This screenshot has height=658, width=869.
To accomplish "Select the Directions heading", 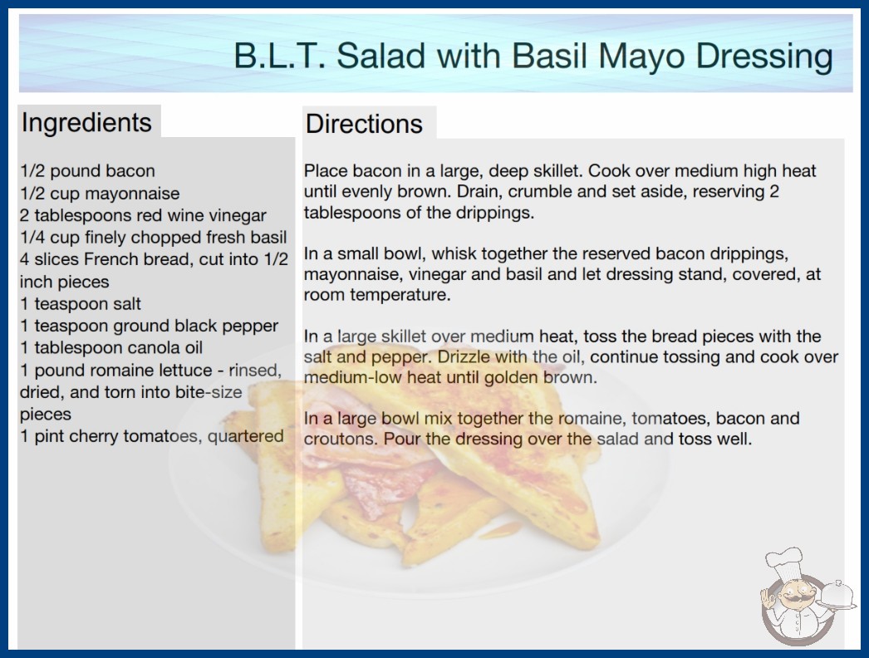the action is coord(364,124).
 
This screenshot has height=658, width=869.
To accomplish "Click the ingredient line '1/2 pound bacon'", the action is coord(87,171).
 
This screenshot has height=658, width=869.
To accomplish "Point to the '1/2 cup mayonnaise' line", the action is coord(100,194).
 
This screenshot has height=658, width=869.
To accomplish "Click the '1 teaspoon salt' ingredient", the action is coord(81,304).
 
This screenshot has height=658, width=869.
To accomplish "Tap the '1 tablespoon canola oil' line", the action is coord(111,347).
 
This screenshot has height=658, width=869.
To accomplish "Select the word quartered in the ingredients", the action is coord(246,436).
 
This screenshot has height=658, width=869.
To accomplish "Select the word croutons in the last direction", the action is coord(339,439).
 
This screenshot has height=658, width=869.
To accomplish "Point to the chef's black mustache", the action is coord(792,598).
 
